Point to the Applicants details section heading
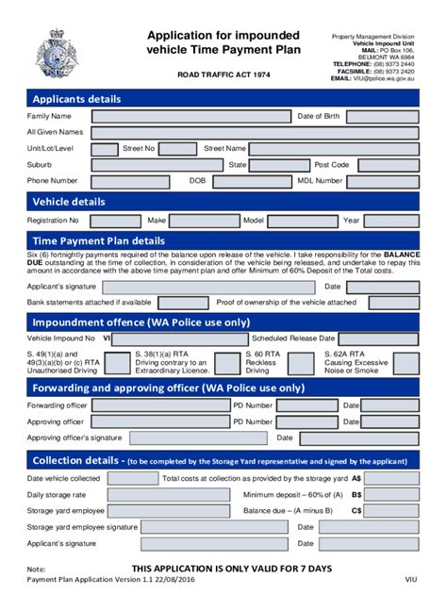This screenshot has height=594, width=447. [77, 98]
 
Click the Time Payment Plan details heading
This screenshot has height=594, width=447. [99, 240]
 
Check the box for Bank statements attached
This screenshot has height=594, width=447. [166, 302]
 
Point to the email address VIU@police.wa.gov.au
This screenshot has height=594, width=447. [387, 79]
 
